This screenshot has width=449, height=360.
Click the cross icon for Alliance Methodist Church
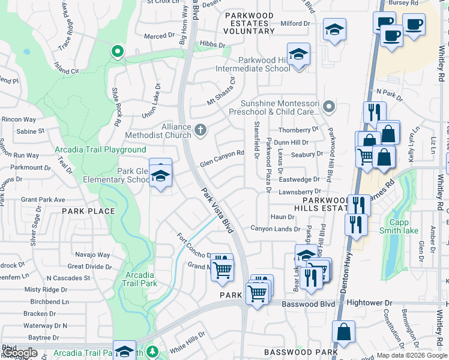(x=200, y=129)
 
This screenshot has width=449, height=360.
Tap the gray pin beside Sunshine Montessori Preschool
(x=328, y=107)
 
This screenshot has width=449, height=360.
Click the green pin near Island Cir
(x=116, y=52)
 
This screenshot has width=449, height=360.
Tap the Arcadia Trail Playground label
(x=100, y=149)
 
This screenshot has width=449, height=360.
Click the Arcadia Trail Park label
(x=140, y=279)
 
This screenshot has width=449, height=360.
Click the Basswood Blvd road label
(x=308, y=304)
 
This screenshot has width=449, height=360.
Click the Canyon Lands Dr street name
(x=275, y=229)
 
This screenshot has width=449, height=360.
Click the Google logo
(x=19, y=352)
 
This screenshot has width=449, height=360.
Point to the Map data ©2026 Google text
(x=411, y=355)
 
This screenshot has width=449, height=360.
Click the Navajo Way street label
(x=93, y=255)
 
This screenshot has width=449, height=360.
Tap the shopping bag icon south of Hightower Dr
(x=343, y=332)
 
